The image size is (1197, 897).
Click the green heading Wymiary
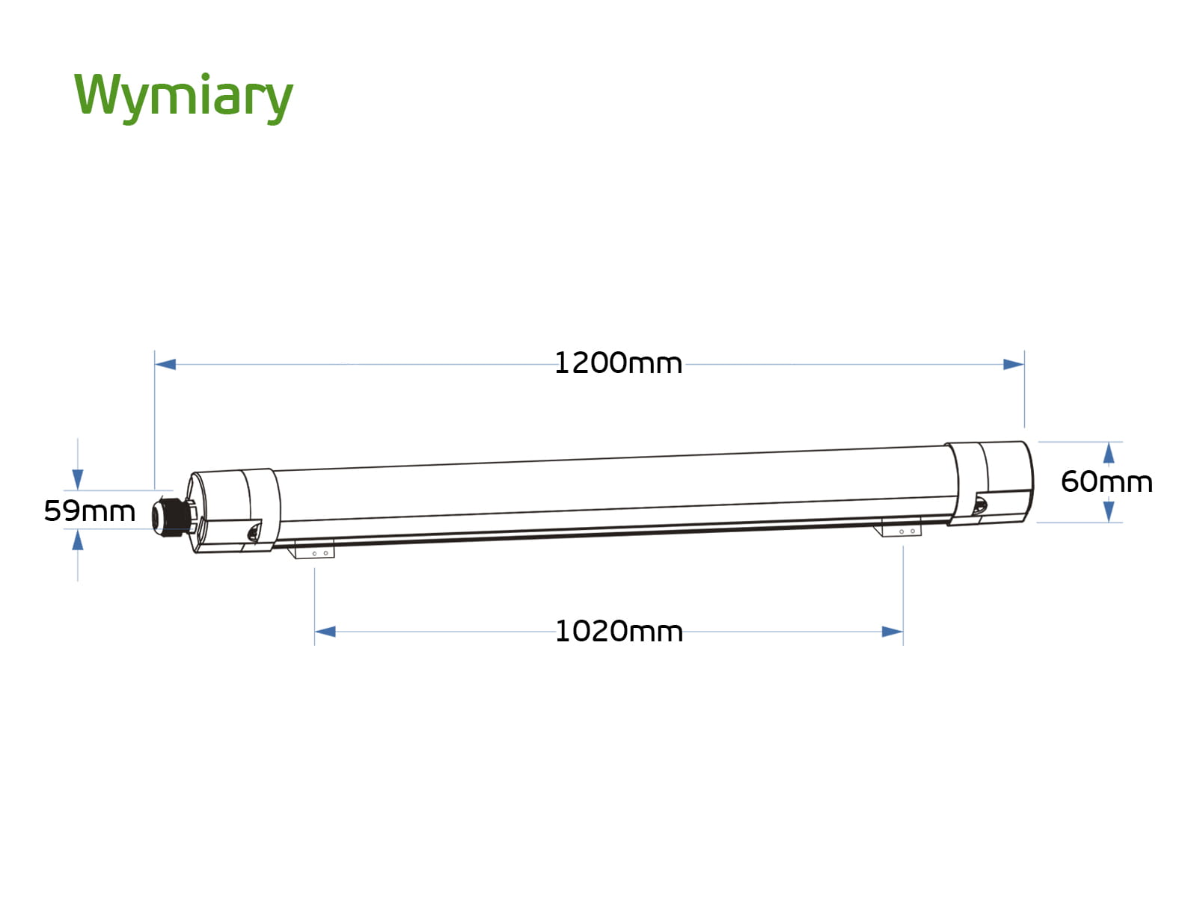(x=183, y=98)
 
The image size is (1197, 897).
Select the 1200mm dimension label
(x=618, y=363)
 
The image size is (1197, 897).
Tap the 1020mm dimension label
(x=619, y=632)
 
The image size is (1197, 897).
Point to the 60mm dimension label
(x=1106, y=482)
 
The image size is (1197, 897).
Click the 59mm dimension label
(x=90, y=511)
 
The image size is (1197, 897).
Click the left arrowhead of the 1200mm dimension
(x=165, y=364)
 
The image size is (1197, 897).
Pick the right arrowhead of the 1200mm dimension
(x=1013, y=364)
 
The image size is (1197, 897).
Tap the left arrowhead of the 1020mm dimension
(x=325, y=632)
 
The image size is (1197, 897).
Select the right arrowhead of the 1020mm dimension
(x=893, y=632)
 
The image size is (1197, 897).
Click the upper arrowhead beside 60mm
(x=1109, y=453)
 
